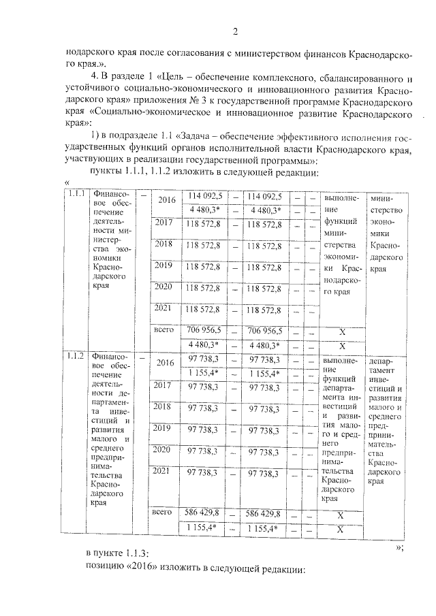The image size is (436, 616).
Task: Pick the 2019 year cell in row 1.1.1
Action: (x=163, y=265)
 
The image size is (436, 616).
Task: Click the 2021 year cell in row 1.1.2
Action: (x=162, y=471)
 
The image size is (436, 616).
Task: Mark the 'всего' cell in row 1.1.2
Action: (x=161, y=512)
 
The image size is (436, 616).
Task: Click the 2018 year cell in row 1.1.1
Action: (x=163, y=244)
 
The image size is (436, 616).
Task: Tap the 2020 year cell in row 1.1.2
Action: (x=162, y=450)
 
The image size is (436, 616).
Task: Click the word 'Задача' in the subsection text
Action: (x=203, y=148)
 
